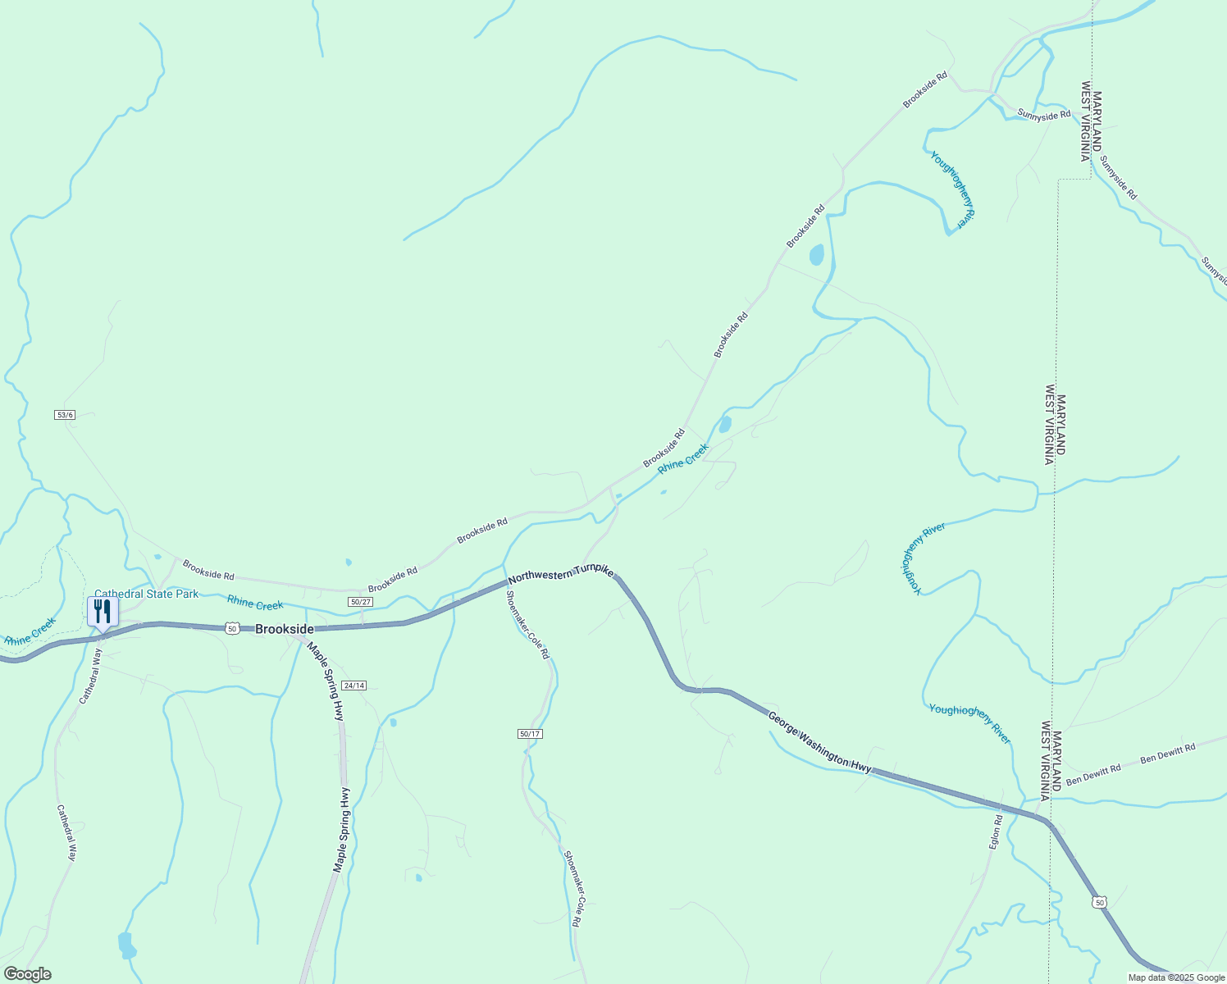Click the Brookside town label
[284, 629]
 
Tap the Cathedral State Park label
[146, 594]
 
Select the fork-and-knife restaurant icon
[103, 611]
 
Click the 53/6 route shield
[65, 415]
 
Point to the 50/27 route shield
[360, 602]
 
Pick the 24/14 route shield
[354, 686]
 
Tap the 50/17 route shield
[530, 734]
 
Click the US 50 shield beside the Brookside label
[232, 628]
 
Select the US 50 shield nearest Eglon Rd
[1099, 902]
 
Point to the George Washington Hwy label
[819, 742]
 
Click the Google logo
[27, 974]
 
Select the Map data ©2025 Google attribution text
[1175, 977]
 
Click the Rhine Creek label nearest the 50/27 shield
[255, 604]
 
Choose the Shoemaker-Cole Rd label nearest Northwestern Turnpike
[527, 626]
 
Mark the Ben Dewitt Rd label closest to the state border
[1093, 772]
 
